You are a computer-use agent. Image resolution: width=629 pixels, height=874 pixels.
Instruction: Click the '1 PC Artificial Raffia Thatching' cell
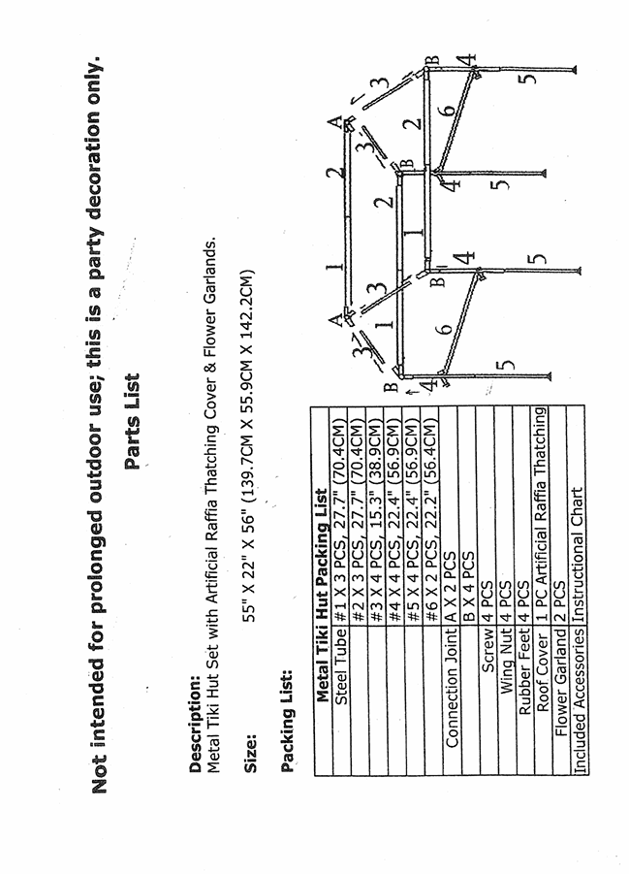point(543,544)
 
